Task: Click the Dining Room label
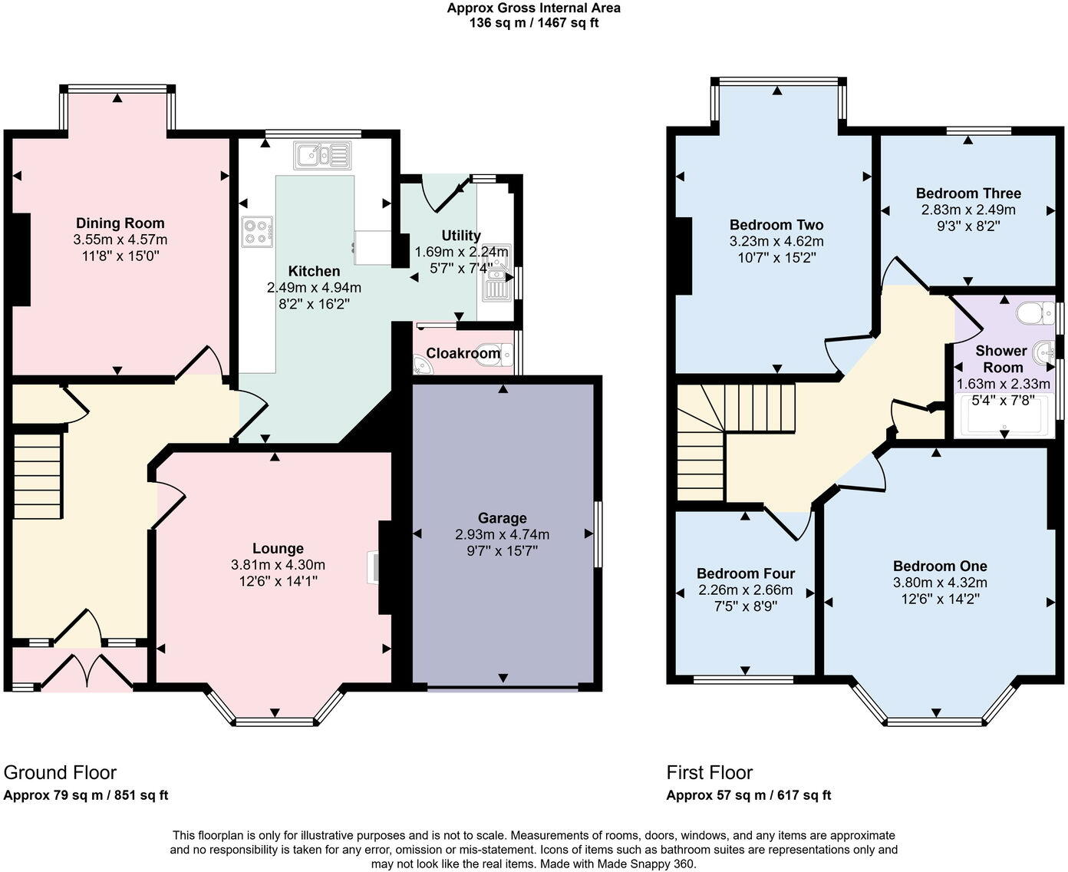pos(120,223)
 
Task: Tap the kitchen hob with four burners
pos(257,232)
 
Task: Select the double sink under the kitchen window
pos(322,155)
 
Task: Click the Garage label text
pos(503,518)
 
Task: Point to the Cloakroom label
pos(463,353)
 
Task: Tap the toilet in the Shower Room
pos(1034,312)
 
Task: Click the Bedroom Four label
pos(746,573)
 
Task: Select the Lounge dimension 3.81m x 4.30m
pos(278,564)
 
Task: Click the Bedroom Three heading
pos(968,193)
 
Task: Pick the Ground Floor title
pos(60,773)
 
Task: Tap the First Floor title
pos(709,773)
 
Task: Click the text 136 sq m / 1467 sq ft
pos(534,23)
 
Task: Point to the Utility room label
pos(461,236)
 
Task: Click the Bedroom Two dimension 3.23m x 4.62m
pos(776,241)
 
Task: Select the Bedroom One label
pos(940,566)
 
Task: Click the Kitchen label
pos(314,270)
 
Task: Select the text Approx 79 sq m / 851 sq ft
pos(86,795)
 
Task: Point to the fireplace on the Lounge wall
pos(374,567)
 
